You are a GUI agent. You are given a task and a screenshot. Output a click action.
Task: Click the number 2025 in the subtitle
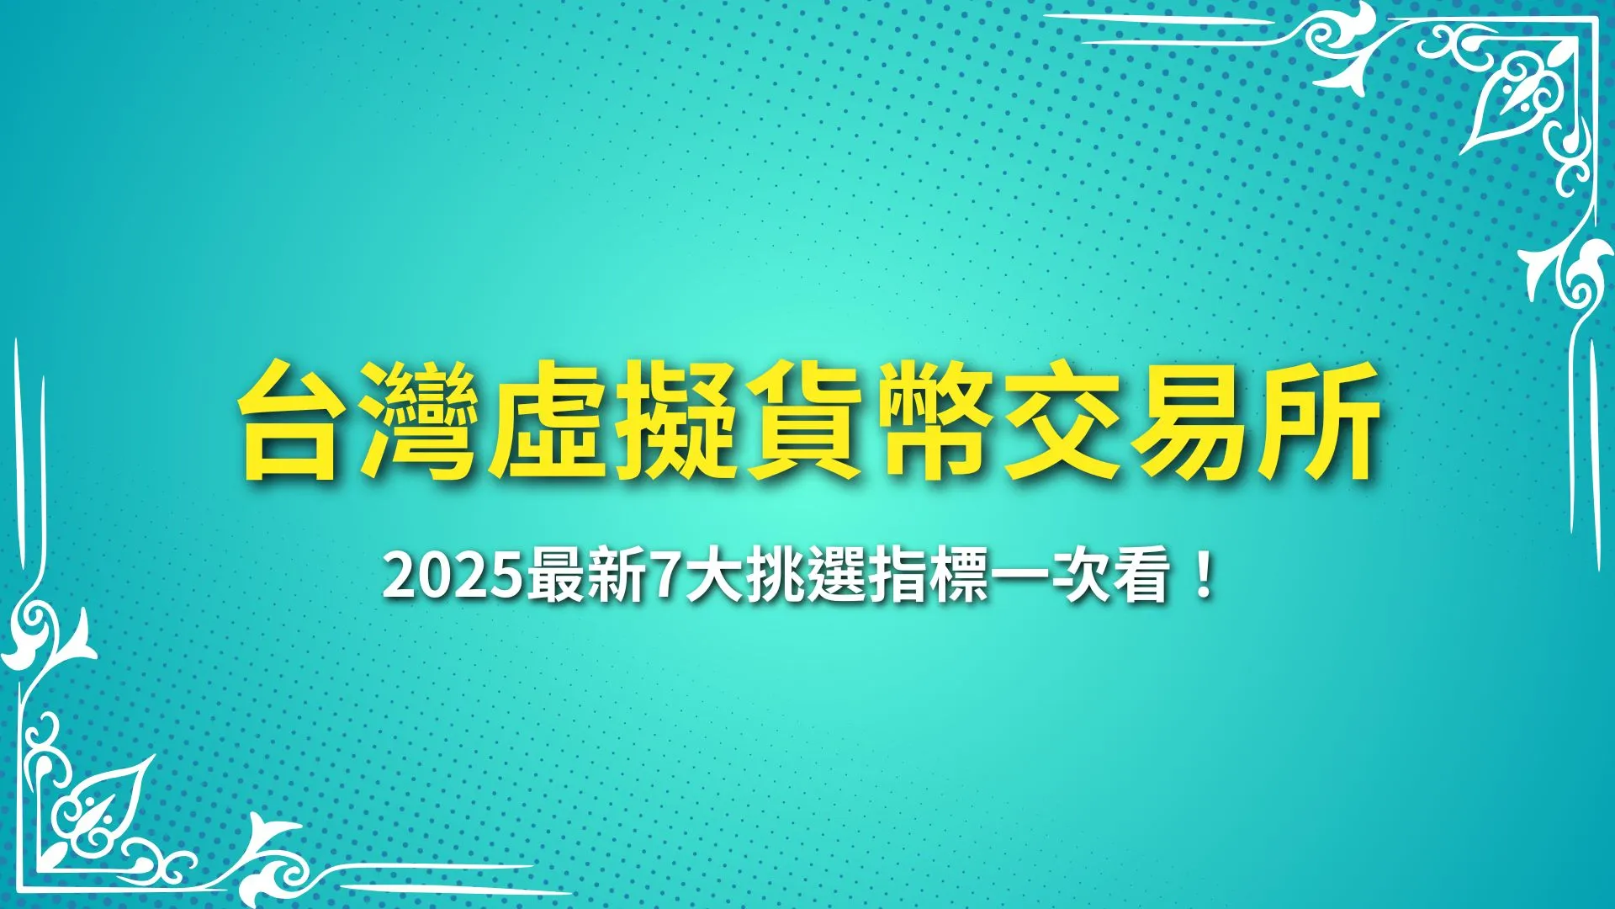pyautogui.click(x=454, y=578)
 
